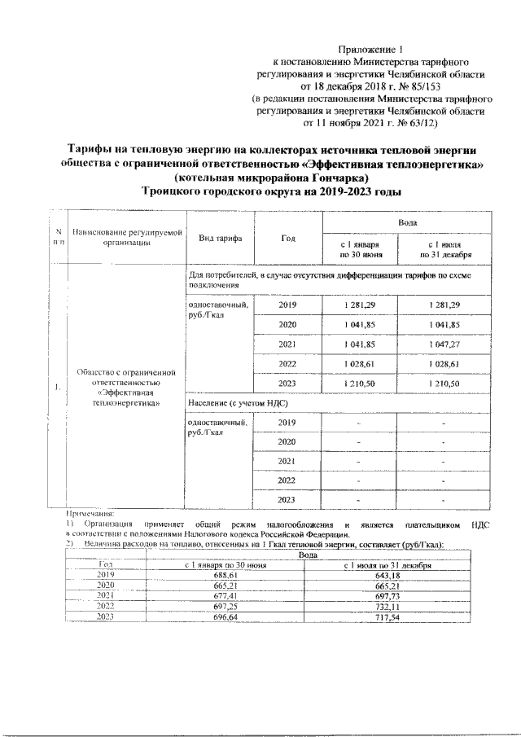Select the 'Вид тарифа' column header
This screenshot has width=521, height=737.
(220, 238)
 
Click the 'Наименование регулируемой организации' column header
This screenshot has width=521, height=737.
(126, 238)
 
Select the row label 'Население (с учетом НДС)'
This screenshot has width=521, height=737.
(239, 404)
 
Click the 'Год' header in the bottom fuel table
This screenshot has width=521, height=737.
(104, 564)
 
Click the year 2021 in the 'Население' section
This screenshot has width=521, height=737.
(287, 461)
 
